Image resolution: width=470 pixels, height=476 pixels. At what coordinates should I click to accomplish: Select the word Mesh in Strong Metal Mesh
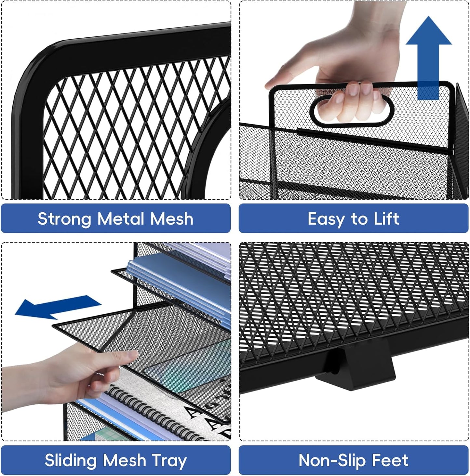[x=172, y=219]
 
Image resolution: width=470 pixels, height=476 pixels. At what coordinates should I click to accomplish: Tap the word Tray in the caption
[x=169, y=460]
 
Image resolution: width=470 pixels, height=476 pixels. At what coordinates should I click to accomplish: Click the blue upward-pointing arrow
[x=428, y=55]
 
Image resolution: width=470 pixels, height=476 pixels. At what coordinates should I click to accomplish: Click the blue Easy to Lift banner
[x=354, y=219]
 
